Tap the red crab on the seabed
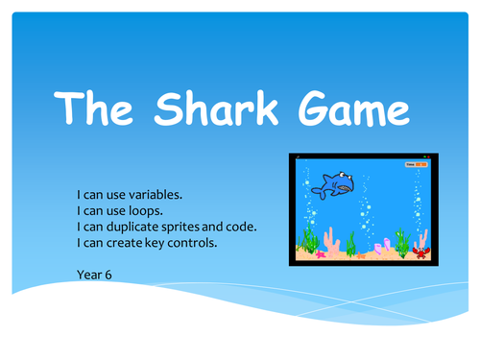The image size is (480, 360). click(420, 252)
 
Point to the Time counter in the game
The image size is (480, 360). click(415, 164)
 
